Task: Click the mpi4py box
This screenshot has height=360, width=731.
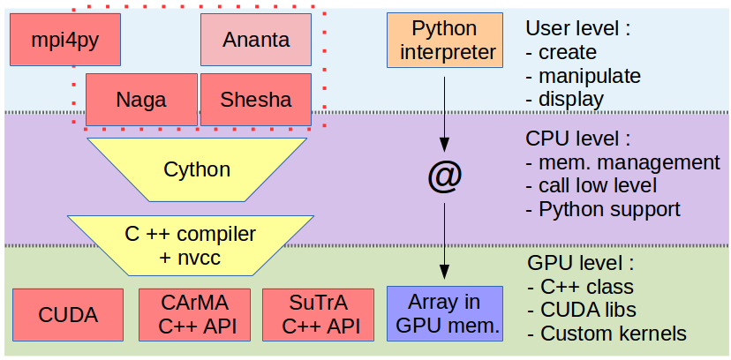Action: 64,40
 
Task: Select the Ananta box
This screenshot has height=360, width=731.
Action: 256,40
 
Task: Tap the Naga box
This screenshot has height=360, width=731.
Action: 141,99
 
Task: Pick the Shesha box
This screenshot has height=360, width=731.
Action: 256,99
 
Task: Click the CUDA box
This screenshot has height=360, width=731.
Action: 68,314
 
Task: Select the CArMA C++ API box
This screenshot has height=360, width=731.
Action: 193,314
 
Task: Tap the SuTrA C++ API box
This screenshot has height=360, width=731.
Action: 318,314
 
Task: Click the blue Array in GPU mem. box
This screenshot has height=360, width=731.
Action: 444,314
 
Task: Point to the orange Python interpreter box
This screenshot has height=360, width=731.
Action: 444,41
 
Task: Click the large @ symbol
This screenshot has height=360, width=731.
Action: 444,177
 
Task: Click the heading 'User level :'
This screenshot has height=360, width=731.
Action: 578,29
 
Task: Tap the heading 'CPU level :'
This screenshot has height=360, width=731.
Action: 579,139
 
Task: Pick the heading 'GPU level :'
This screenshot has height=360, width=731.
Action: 579,263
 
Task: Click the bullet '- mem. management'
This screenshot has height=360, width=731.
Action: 622,163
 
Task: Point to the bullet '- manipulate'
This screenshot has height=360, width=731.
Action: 583,76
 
